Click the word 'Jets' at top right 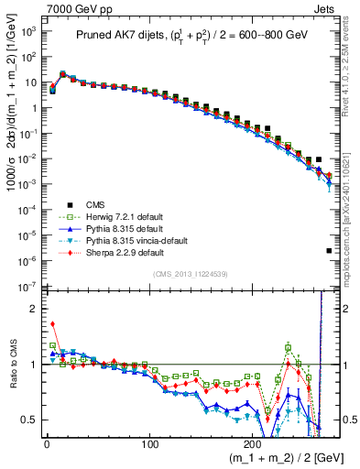pos(327,8)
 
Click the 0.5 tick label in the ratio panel pos(29,420)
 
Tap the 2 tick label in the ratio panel pos(34,309)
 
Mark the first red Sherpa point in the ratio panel pos(52,323)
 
